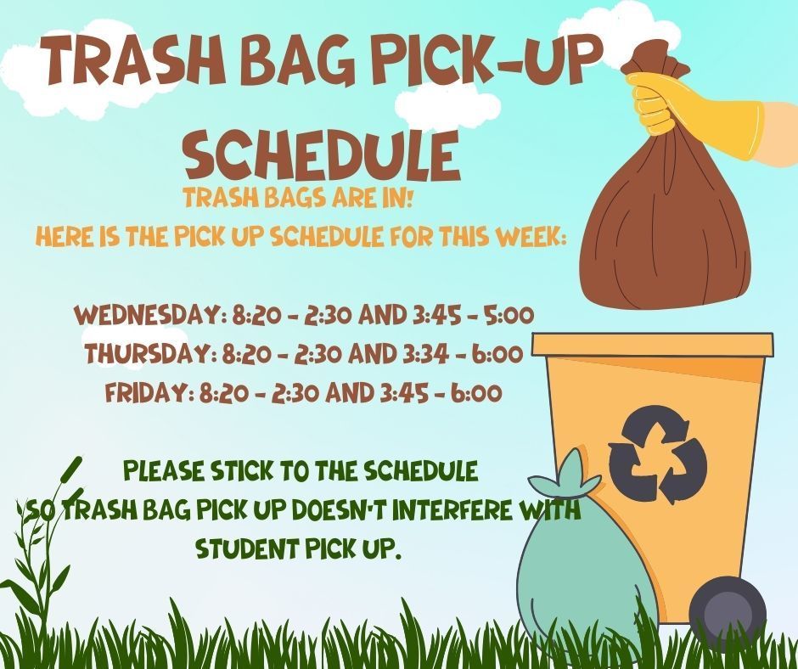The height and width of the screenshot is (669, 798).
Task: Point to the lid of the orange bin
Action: [652, 345]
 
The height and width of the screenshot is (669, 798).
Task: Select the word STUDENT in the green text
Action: [246, 549]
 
